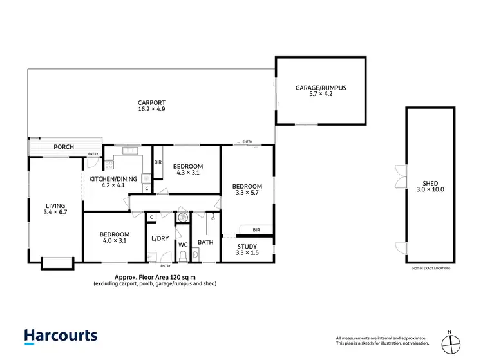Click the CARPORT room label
(151, 102)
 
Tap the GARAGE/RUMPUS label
(321, 87)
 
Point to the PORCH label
(63, 147)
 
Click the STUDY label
(247, 246)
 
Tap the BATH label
(205, 243)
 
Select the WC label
(183, 245)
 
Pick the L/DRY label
(159, 239)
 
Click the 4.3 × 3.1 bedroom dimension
(188, 173)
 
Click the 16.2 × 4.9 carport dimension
(151, 110)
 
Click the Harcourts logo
(61, 336)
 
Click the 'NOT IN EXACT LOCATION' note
(430, 267)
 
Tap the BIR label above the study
(256, 229)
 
